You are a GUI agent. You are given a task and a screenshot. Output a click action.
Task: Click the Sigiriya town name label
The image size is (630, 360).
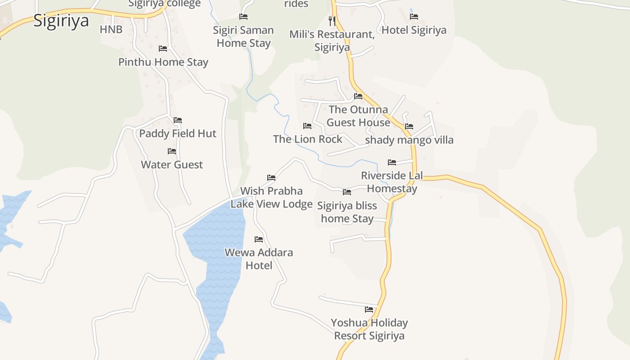point(61,21)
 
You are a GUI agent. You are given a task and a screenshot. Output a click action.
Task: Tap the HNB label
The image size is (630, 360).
point(111,30)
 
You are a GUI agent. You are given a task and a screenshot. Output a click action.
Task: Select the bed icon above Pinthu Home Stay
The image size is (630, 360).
point(163,48)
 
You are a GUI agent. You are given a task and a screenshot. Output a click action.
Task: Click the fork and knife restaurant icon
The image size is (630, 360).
point(332,21)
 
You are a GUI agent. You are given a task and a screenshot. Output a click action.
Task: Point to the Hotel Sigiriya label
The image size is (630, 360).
point(414,30)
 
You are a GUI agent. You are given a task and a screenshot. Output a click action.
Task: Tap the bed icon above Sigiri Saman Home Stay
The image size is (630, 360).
point(243,17)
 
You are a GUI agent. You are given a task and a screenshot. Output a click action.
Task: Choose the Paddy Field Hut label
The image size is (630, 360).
point(178,134)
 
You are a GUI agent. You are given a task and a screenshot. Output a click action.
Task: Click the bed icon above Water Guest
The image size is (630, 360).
point(172,151)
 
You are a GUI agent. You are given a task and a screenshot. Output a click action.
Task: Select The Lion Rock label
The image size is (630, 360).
point(308,139)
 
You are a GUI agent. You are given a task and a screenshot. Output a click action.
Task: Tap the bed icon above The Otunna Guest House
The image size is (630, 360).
point(358,96)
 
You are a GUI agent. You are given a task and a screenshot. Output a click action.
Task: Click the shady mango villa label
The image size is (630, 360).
point(409,140)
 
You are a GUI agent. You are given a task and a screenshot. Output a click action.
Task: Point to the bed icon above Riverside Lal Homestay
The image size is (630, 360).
point(392,162)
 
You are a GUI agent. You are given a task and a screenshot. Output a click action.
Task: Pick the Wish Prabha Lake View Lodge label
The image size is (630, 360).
point(271,198)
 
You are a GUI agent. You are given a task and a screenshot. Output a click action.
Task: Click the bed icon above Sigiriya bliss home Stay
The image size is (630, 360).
point(347,192)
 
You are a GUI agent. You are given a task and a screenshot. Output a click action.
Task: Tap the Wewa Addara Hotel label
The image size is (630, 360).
point(259,259)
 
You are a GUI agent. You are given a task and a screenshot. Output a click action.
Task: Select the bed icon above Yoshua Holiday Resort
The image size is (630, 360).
point(369,309)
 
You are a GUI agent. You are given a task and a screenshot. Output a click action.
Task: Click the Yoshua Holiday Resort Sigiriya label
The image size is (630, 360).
point(369,329)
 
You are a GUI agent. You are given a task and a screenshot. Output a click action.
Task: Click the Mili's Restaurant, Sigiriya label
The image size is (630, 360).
point(332,40)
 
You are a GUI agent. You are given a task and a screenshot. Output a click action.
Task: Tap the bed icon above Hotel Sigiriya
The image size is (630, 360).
point(414,17)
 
